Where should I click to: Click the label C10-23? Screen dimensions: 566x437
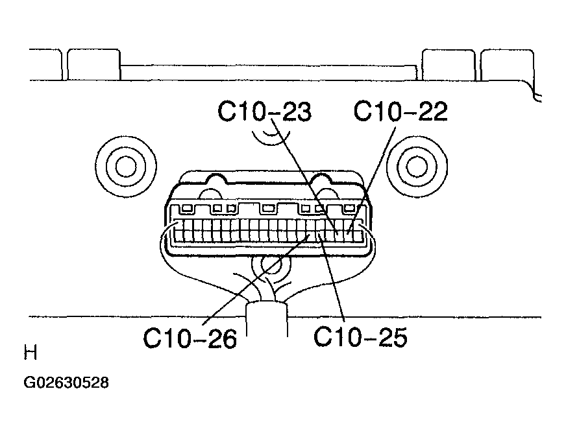point(264,111)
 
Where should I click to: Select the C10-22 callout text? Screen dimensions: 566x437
point(400,111)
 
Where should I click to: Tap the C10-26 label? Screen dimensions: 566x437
point(190,338)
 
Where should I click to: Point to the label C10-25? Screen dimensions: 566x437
point(360,337)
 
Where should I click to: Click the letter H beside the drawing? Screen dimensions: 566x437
point(31,352)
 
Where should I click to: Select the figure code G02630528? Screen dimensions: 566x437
point(66,383)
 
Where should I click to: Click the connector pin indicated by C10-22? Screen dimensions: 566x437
point(349,231)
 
